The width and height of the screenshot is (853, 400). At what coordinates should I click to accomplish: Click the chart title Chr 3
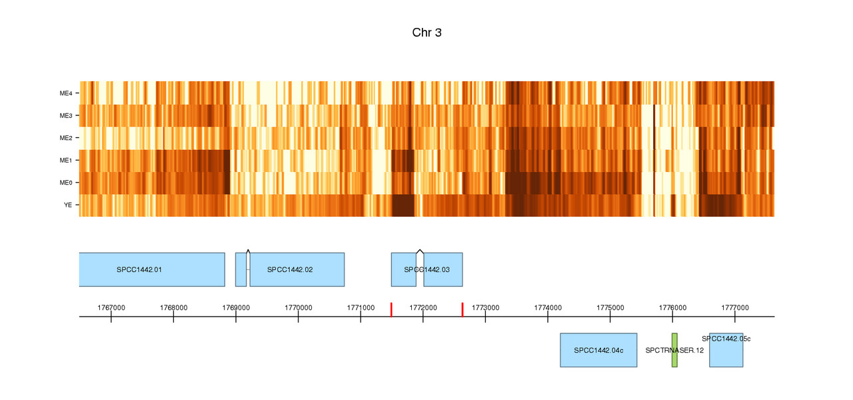pyautogui.click(x=426, y=33)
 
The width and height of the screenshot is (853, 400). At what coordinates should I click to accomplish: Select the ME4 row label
pyautogui.click(x=65, y=93)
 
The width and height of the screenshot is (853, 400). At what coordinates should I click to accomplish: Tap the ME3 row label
pyautogui.click(x=65, y=116)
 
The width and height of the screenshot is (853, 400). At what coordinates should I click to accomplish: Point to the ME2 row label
pyautogui.click(x=65, y=138)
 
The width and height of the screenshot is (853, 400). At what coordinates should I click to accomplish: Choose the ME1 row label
pyautogui.click(x=65, y=161)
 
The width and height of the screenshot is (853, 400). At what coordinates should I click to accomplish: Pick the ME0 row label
pyautogui.click(x=65, y=183)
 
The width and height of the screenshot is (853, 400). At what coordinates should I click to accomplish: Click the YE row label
pyautogui.click(x=68, y=205)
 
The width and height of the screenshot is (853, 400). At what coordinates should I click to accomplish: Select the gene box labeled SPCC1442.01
pyautogui.click(x=152, y=269)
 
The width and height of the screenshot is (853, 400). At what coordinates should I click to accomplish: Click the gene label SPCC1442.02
pyautogui.click(x=290, y=270)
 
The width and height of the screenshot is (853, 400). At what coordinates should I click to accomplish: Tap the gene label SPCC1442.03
pyautogui.click(x=426, y=270)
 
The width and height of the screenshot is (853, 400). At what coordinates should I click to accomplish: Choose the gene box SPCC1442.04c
pyautogui.click(x=598, y=350)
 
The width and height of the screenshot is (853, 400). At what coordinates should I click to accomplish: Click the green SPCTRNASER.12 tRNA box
pyautogui.click(x=674, y=350)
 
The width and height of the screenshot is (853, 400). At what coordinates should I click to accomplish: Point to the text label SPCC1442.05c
pyautogui.click(x=726, y=339)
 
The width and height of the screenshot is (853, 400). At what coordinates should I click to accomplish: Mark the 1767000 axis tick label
pyautogui.click(x=111, y=307)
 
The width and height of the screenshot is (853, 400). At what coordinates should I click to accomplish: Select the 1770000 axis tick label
pyautogui.click(x=298, y=307)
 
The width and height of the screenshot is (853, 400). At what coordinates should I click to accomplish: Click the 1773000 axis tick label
pyautogui.click(x=485, y=307)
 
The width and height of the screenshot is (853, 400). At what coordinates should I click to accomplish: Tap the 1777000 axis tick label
pyautogui.click(x=734, y=307)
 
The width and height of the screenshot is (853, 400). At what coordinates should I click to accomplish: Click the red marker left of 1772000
pyautogui.click(x=391, y=309)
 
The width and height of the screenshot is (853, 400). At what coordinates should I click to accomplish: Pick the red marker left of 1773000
pyautogui.click(x=462, y=309)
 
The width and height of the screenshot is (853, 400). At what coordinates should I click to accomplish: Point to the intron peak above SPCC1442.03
pyautogui.click(x=420, y=251)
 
